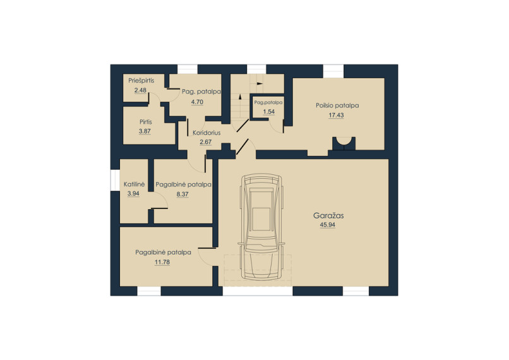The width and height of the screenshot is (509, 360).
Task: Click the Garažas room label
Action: [x=328, y=215]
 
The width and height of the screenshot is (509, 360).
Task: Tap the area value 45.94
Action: [x=328, y=225]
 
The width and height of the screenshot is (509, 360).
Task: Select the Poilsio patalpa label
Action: [x=337, y=105]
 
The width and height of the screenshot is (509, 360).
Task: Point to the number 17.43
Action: [x=336, y=115]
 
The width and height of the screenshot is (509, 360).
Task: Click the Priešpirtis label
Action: [x=141, y=80]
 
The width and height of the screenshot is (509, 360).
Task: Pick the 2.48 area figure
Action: [x=140, y=90]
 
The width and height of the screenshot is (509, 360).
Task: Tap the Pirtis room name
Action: [x=146, y=122]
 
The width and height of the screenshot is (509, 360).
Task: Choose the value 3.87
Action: [x=145, y=131]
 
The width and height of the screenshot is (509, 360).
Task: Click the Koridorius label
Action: [x=207, y=133]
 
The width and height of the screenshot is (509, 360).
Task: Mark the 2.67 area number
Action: [x=205, y=142]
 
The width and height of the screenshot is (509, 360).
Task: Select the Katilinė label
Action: [x=134, y=184]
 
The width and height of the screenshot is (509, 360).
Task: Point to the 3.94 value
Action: [x=133, y=194]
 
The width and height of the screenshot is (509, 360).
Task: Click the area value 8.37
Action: [x=183, y=195]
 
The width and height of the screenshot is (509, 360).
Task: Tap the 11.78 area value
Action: [x=162, y=262]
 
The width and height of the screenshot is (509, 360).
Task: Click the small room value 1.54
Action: [x=269, y=112]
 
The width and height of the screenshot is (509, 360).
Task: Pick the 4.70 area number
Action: [x=197, y=102]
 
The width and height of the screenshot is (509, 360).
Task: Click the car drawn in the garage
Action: [x=261, y=227]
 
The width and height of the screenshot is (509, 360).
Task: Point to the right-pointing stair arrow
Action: [x=260, y=83]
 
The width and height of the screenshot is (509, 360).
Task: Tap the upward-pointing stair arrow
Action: [x=240, y=96]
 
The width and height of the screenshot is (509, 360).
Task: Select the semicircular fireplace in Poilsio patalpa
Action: [x=344, y=143]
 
